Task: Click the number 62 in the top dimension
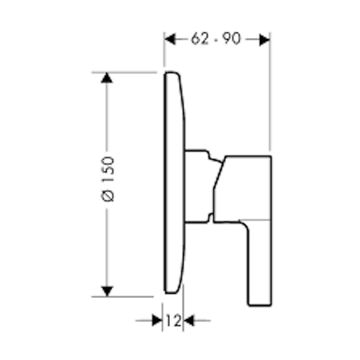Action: pyautogui.click(x=200, y=39)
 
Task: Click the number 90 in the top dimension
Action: pyautogui.click(x=231, y=39)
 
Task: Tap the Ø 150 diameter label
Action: pyautogui.click(x=108, y=179)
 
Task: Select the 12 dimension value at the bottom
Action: pyautogui.click(x=174, y=320)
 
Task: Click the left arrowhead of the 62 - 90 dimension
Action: pyautogui.click(x=170, y=39)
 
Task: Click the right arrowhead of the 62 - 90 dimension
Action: pyautogui.click(x=265, y=40)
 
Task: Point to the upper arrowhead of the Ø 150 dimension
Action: pyautogui.click(x=107, y=78)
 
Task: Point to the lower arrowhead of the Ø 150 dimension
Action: pyautogui.click(x=107, y=292)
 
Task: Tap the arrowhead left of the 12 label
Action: pyautogui.click(x=157, y=320)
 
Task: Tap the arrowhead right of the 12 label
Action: pyautogui.click(x=189, y=320)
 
